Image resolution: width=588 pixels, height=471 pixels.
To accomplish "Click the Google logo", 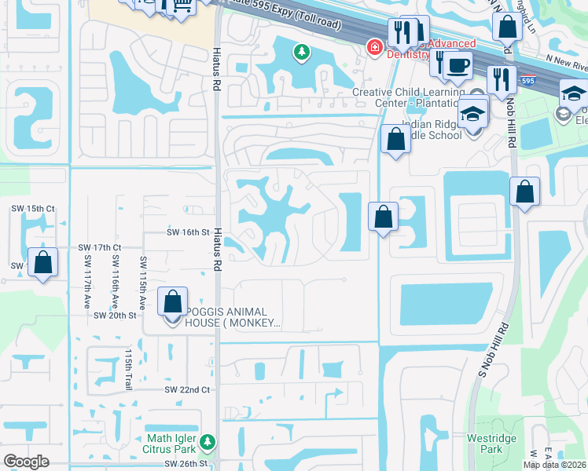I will click(26, 462).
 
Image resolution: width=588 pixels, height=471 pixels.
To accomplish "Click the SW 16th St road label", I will click(189, 232).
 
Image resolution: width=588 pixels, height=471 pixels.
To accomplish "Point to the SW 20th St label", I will click(115, 315).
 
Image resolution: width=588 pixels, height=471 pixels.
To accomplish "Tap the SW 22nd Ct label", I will click(187, 390).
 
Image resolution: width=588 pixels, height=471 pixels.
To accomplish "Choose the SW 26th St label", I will click(187, 464).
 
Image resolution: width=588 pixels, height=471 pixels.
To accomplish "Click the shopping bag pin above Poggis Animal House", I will click(173, 301).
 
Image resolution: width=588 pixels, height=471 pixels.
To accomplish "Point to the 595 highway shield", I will click(529, 80).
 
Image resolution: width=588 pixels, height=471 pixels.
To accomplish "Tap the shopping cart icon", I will click(182, 6).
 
